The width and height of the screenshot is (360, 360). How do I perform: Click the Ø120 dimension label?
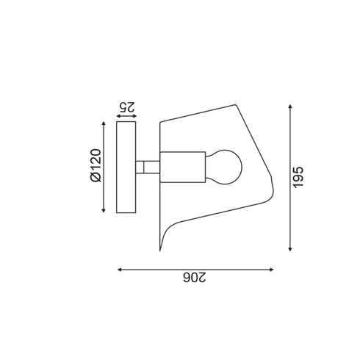coord(95,168)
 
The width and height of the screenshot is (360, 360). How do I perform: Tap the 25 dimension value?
coord(126,106)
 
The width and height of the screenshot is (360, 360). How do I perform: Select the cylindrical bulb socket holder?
coord(182,168)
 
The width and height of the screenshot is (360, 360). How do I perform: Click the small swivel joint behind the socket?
coord(151,168)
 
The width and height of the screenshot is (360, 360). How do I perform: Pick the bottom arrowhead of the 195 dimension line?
coord(292,248)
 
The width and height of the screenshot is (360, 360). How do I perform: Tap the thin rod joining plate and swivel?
coord(140,168)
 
